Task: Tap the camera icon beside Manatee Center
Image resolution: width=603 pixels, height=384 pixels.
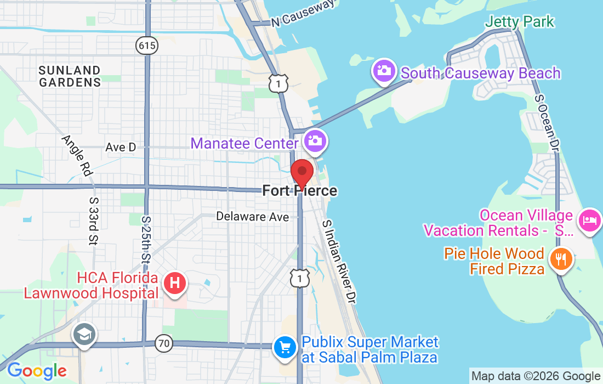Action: point(315,140)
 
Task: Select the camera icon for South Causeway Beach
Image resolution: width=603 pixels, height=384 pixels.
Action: point(385,71)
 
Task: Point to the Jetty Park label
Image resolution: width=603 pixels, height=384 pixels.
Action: point(520,22)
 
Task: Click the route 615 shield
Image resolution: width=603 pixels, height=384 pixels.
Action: point(147,46)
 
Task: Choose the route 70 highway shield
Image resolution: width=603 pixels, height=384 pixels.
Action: point(163,344)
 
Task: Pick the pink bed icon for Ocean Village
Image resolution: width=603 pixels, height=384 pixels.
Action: point(589,221)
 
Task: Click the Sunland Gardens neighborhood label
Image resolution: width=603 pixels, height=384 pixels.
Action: point(70,76)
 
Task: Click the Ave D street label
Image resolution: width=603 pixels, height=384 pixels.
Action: point(121,147)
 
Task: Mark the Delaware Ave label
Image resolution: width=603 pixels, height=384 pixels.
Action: point(252,217)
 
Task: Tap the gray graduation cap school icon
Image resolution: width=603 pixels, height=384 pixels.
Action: point(84,335)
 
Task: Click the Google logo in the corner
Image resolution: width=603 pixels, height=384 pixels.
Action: point(37,371)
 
